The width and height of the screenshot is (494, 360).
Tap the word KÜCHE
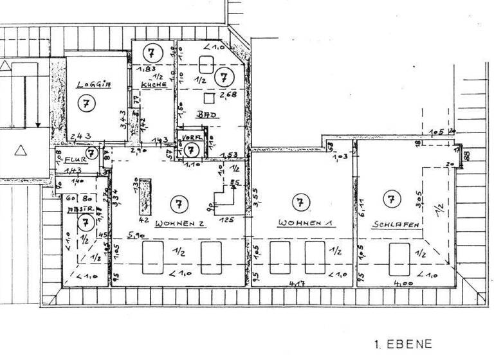pos(154,84)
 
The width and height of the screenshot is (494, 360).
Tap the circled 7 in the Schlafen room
pos(390,199)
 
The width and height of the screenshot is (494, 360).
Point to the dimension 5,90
pos(135,235)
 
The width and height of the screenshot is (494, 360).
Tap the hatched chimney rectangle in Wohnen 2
pos(143,197)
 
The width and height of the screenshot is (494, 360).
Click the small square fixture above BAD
pos(208,98)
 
